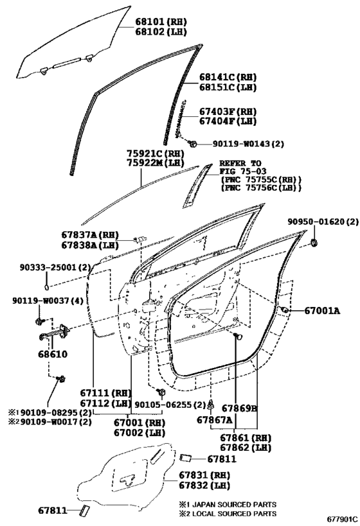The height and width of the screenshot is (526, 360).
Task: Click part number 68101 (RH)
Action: click(161, 22)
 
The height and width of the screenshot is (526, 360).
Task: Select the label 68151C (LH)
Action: click(228, 87)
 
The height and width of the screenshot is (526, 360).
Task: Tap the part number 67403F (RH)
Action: click(228, 111)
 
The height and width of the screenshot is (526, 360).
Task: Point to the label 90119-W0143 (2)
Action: click(248, 144)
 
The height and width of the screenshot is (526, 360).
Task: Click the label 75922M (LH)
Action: click(156, 163)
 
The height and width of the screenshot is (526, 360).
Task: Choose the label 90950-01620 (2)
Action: click(323, 222)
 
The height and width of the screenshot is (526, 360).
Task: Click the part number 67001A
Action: click(322, 311)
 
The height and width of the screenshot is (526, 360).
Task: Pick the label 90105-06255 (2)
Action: click(170, 405)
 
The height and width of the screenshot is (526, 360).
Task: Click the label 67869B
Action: click(240, 408)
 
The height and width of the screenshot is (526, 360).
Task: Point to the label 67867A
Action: click(214, 419)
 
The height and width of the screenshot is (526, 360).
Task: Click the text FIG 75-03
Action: click(244, 171)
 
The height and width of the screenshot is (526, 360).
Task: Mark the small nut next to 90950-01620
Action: click(314, 242)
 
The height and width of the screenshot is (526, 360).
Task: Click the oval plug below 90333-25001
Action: click(47, 287)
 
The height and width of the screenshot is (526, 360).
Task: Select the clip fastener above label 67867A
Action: click(211, 405)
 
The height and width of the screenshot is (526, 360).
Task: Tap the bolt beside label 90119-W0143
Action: click(193, 145)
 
